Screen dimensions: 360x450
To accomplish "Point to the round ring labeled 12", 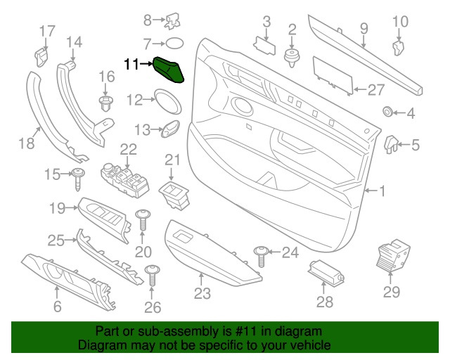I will [x=167, y=101].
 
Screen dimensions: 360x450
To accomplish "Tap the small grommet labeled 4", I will [x=387, y=112].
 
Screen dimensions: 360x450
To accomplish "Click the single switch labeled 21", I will [x=173, y=192].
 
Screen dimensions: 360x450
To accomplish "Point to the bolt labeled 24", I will [x=262, y=255].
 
